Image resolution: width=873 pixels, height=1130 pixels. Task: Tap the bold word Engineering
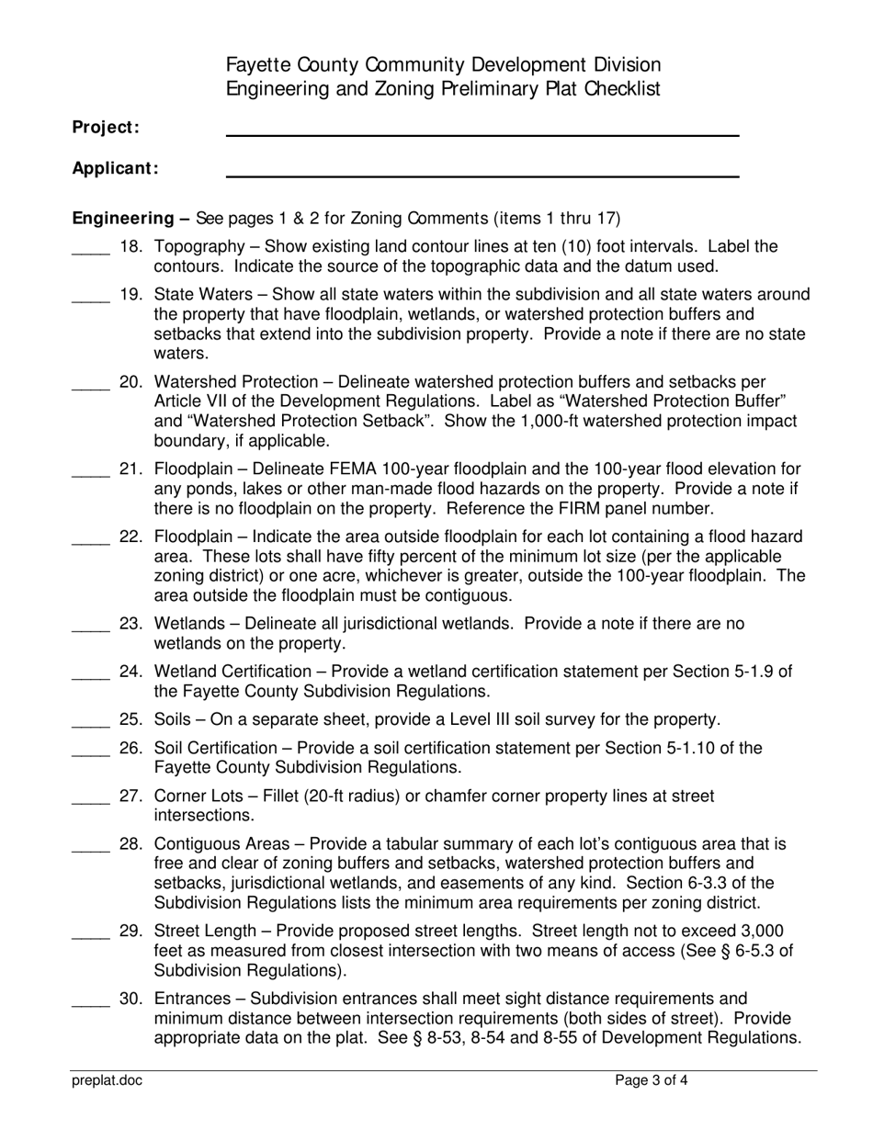click(x=123, y=219)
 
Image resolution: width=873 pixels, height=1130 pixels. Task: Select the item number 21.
click(x=130, y=469)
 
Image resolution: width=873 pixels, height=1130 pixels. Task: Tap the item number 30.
click(x=130, y=999)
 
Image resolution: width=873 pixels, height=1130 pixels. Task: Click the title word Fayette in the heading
click(x=259, y=65)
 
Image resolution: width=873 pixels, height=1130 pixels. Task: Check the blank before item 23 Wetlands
click(x=90, y=628)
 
